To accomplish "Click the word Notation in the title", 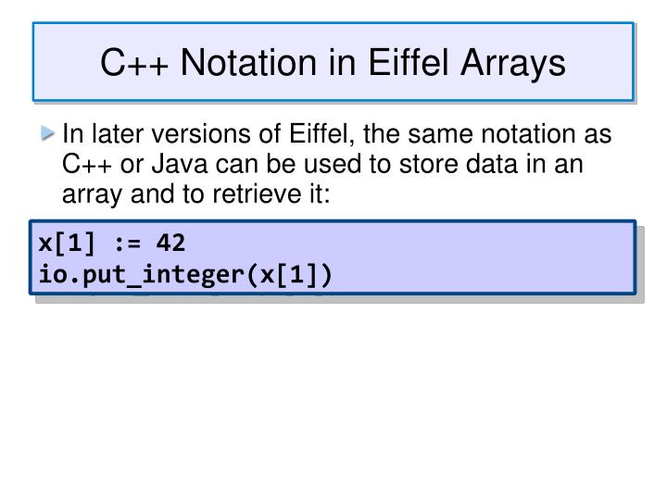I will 240,63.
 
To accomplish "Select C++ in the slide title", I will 132,63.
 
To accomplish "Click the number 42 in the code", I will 172,244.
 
